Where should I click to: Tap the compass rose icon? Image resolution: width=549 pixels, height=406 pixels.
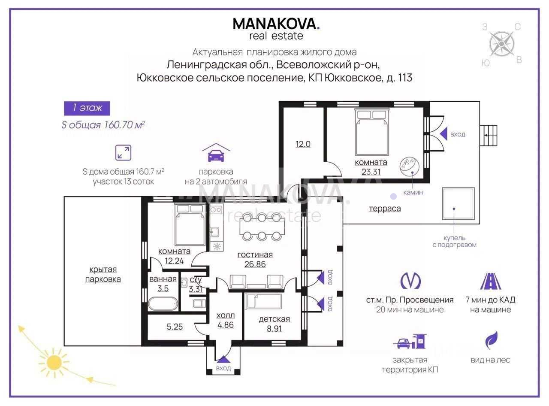(x=502, y=44)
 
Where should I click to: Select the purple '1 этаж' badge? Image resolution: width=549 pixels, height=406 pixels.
(x=87, y=108)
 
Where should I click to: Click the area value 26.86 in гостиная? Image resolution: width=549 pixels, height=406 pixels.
(x=255, y=264)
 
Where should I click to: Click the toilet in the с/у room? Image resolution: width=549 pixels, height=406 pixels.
(x=199, y=303)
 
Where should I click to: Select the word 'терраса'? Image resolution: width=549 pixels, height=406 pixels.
(x=385, y=209)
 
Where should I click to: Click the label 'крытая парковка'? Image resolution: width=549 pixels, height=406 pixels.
(x=103, y=274)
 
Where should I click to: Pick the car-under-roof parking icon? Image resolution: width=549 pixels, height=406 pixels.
(x=216, y=152)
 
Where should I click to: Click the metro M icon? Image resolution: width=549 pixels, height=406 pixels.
(x=410, y=281)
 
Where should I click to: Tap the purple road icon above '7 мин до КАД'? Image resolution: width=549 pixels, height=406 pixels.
(x=491, y=281)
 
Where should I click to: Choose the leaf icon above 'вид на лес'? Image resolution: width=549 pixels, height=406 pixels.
(x=491, y=340)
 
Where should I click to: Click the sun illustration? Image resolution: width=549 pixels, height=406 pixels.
(x=54, y=363)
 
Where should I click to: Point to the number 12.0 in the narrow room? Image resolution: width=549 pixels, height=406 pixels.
(x=303, y=144)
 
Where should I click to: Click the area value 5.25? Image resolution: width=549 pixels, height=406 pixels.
(x=175, y=327)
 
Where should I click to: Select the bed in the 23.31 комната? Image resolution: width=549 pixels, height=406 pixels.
(x=371, y=132)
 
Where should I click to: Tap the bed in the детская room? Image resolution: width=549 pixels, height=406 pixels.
(x=263, y=301)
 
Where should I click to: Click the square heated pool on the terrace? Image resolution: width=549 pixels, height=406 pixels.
(x=459, y=203)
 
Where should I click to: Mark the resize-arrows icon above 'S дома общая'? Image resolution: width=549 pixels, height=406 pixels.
(x=123, y=153)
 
